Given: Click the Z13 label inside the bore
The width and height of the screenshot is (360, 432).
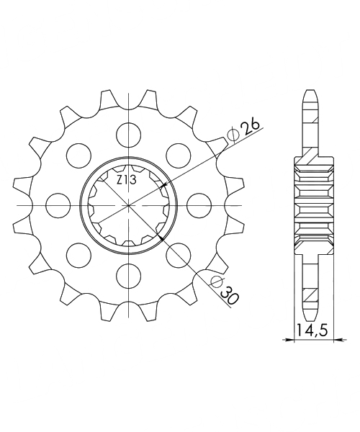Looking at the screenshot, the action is [x=127, y=181].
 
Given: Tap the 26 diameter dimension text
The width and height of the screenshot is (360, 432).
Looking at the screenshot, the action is [x=251, y=128].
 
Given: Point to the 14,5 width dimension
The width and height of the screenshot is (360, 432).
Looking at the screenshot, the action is [x=312, y=330].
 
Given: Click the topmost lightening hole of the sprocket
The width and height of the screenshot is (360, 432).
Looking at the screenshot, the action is [x=128, y=135].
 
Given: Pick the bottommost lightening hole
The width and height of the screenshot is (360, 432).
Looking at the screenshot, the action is [x=128, y=276].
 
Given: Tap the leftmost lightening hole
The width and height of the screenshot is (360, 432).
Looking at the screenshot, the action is [x=58, y=205].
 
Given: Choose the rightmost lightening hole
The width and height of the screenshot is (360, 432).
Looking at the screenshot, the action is [x=199, y=205].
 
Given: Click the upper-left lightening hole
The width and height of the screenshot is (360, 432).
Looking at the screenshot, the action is [x=78, y=156].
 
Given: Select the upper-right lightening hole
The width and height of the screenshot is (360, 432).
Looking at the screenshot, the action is [x=179, y=156].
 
